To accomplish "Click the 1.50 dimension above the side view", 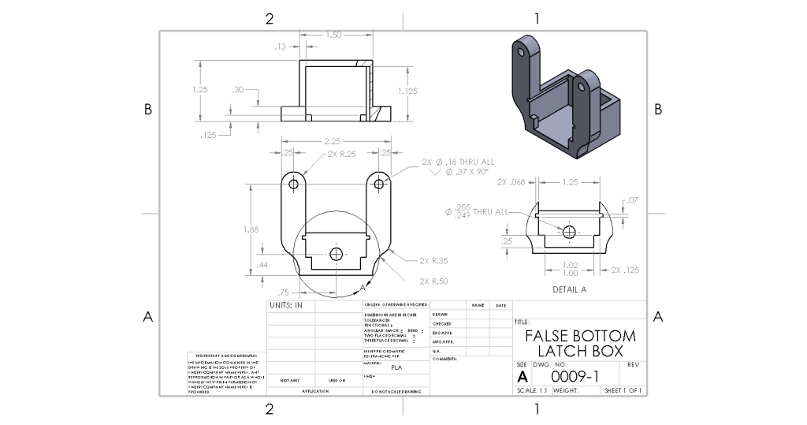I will pos(333,35).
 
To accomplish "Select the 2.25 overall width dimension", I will pos(334,141).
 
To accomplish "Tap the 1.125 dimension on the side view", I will pos(407,91).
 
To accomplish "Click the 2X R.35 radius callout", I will pos(434,259).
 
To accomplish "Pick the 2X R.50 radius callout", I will pos(434,281).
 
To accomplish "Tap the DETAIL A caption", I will pos(569,289).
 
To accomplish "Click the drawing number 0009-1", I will pos(576,377).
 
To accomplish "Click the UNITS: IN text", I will pos(286,305).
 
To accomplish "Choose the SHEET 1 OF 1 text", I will pos(623,390).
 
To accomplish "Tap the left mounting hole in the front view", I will pos(293,183).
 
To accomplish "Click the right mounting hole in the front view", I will pos(379,183).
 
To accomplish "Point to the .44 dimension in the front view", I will pos(262,265).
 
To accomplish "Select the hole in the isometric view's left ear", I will pos(521,52).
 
